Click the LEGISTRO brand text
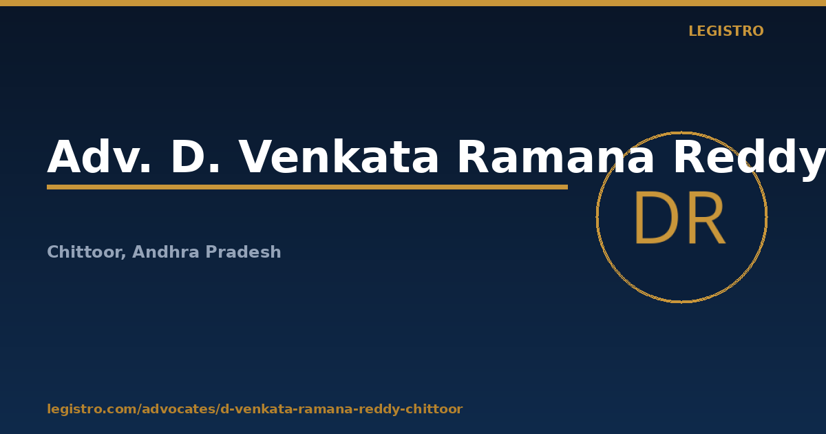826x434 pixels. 726,31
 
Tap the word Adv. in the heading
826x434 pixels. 99,157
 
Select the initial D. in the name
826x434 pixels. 195,157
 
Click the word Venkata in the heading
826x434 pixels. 339,157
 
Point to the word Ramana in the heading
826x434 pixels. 555,157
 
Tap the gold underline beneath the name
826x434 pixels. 307,187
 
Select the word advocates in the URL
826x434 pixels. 178,409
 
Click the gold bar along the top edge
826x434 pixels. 413,3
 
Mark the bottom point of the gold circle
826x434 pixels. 682,302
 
